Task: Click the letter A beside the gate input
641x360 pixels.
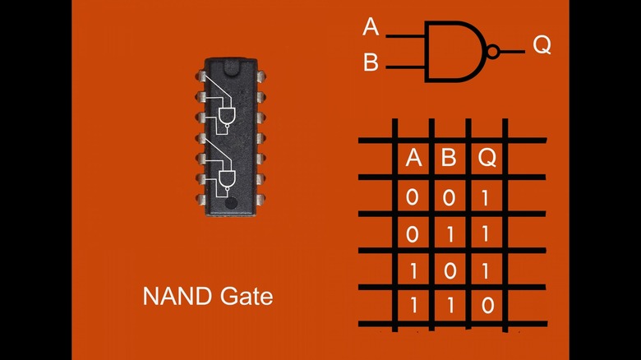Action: pyautogui.click(x=371, y=28)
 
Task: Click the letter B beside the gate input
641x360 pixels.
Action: pyautogui.click(x=371, y=63)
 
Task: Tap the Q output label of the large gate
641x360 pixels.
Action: pyautogui.click(x=542, y=45)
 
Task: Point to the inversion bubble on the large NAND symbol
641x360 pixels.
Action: pyautogui.click(x=492, y=52)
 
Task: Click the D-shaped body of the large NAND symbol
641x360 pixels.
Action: pyautogui.click(x=453, y=51)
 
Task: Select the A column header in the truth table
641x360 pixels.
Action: pyautogui.click(x=413, y=159)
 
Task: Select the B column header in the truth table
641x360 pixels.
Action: pyautogui.click(x=449, y=159)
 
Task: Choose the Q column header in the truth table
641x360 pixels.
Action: pyautogui.click(x=487, y=159)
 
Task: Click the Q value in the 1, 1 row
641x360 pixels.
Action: pyautogui.click(x=487, y=307)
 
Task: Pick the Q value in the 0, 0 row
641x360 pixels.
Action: pyautogui.click(x=487, y=197)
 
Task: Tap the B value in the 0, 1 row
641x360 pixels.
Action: pyautogui.click(x=449, y=234)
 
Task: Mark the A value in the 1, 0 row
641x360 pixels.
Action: pyautogui.click(x=413, y=270)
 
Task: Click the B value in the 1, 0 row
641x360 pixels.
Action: pyautogui.click(x=449, y=270)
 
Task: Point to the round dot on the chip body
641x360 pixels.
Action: pyautogui.click(x=232, y=203)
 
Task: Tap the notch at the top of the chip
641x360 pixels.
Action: pyautogui.click(x=228, y=61)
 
